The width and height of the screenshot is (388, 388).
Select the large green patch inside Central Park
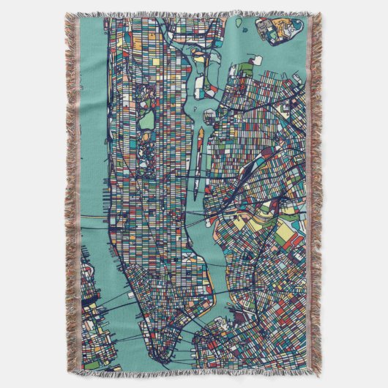147,119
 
